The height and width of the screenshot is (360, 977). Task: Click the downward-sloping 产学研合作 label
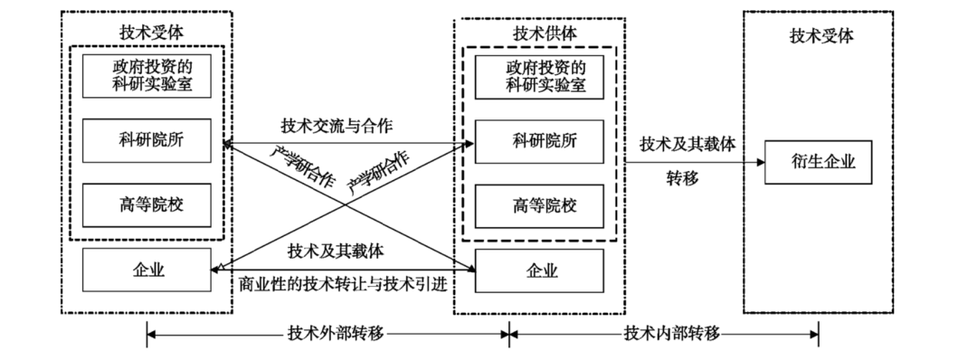[x=303, y=166]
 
